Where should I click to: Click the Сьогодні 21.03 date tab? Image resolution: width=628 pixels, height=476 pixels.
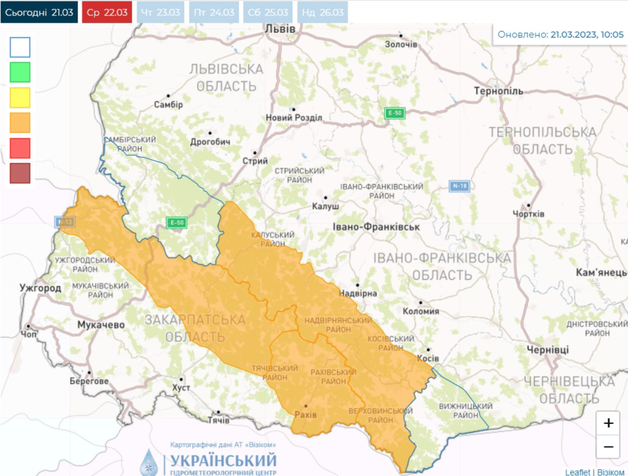[39, 12]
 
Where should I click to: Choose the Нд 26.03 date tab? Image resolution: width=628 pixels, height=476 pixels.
[321, 12]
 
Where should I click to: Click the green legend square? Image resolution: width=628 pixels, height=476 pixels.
[20, 73]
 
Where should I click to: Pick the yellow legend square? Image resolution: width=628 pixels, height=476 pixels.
[20, 98]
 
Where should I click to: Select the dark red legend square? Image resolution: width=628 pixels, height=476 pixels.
[20, 173]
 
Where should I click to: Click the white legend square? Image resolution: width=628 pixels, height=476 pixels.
[20, 47]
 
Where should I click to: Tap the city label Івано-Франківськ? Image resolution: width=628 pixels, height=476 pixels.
[376, 227]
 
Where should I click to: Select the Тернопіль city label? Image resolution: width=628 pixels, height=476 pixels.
[500, 91]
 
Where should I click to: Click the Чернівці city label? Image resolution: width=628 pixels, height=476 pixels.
[547, 350]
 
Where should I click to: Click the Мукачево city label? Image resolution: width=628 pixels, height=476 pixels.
[101, 325]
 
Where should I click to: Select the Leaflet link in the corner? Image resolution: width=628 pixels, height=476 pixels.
[577, 472]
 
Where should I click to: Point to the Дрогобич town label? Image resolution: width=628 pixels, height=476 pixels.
[210, 142]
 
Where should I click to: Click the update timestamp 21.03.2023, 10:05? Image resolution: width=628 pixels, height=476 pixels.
[586, 35]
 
